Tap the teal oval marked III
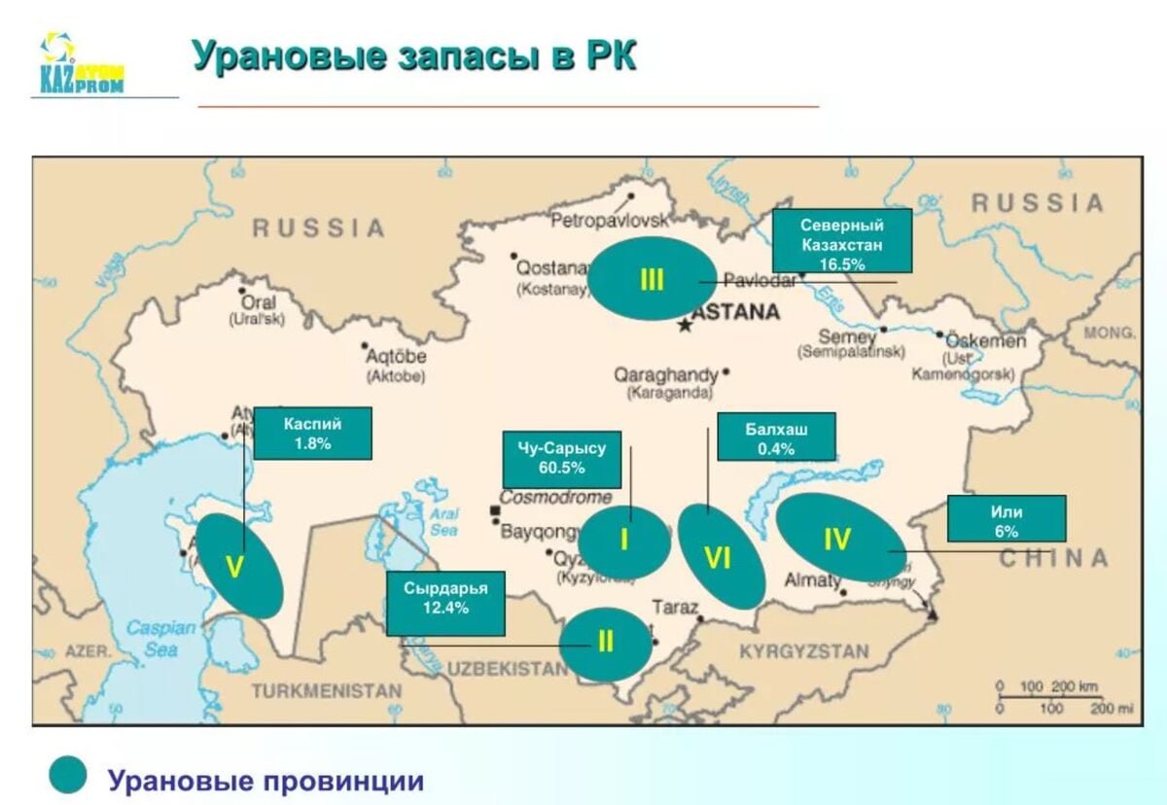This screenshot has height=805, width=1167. [x=651, y=279]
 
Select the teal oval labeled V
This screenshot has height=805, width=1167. [x=239, y=566]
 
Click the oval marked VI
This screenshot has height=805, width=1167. [x=721, y=557]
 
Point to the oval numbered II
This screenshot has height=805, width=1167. [x=605, y=644]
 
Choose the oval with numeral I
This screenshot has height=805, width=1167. [x=624, y=541]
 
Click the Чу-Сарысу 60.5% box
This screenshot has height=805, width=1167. [x=561, y=459]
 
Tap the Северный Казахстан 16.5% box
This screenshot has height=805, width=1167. [x=841, y=240]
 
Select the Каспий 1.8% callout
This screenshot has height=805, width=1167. [x=312, y=434]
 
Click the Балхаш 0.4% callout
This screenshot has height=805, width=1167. [x=775, y=437]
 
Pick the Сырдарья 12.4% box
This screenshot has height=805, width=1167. [x=445, y=603]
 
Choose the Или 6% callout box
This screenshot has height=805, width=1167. [x=1006, y=519]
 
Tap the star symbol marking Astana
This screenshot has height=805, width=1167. [x=687, y=326]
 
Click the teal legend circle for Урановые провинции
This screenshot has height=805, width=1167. [x=68, y=776]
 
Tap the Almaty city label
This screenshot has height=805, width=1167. [x=813, y=580]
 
